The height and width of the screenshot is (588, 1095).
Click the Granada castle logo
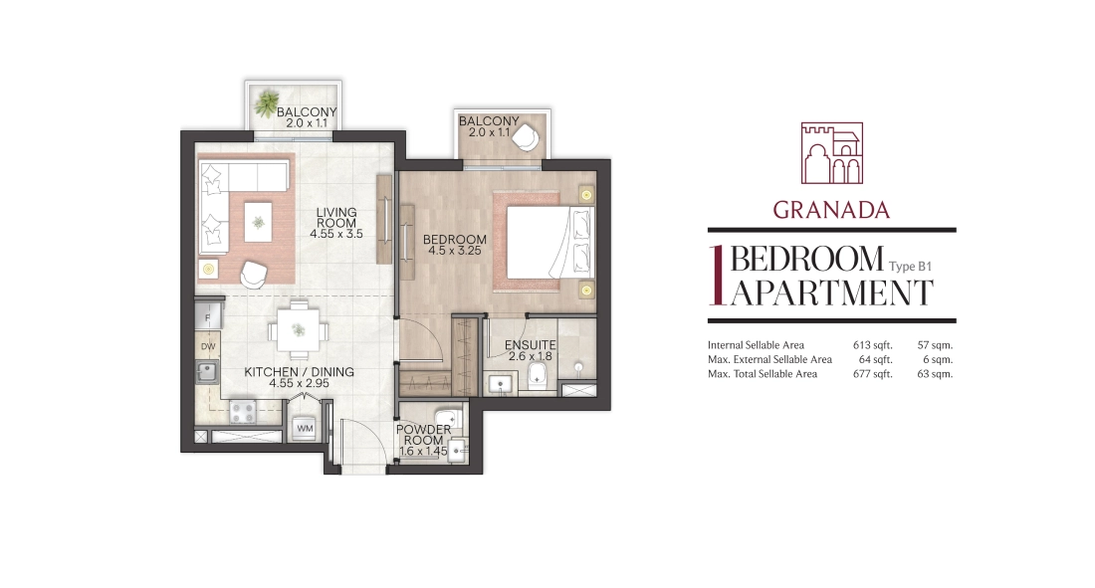[x=832, y=153]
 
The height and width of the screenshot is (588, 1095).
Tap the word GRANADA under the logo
[x=831, y=210]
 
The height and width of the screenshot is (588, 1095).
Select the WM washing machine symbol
[x=306, y=428]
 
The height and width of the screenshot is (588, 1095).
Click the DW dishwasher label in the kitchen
[x=208, y=346]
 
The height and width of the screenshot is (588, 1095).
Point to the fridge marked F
[x=207, y=317]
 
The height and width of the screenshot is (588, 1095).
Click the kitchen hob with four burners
[x=243, y=411]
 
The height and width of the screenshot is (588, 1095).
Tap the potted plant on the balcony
[x=266, y=104]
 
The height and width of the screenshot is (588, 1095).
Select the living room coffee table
[x=259, y=222]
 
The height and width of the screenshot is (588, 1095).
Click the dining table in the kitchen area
[x=299, y=329]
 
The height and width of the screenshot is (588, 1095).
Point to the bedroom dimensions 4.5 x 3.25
[x=455, y=251]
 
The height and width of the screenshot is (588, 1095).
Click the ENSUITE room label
[x=530, y=345]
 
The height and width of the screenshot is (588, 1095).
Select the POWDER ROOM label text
[x=423, y=435]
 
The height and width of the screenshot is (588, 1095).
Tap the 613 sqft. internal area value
[x=872, y=345]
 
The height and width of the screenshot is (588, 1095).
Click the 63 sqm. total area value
[x=935, y=374]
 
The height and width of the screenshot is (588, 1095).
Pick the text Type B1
[x=910, y=266]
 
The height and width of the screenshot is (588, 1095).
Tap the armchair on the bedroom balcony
[x=526, y=137]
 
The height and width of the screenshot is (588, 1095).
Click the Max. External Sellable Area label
[x=769, y=359]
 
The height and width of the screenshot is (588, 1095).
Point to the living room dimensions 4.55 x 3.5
[x=336, y=234]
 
